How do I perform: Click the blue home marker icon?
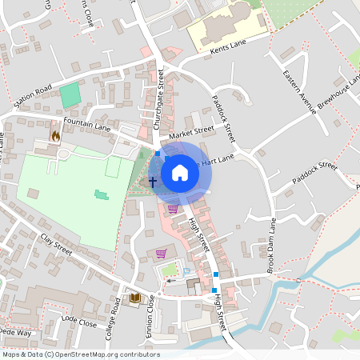tap(180, 172)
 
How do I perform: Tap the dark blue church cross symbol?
tap(153, 182)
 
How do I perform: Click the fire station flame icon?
tap(56, 136)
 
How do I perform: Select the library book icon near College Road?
tap(135, 298)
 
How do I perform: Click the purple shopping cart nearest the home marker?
tap(173, 209)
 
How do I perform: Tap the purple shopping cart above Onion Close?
tap(161, 254)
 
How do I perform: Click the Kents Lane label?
tap(208, 50)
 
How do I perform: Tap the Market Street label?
tap(192, 130)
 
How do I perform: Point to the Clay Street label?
tap(56, 245)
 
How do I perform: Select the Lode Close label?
tap(78, 322)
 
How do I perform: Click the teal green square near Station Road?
tap(71, 94)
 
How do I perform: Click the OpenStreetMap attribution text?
tap(81, 354)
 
